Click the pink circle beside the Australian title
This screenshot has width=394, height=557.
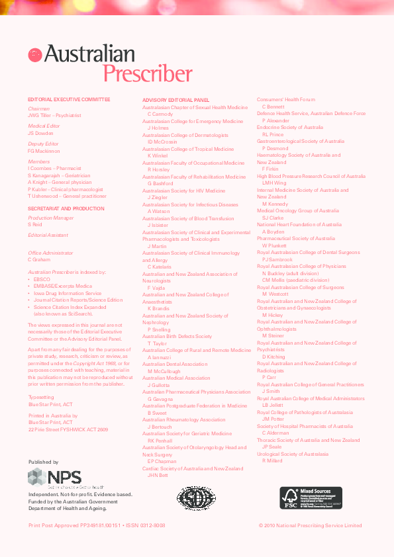coord(35,56)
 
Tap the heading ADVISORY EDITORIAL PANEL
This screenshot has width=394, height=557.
coord(175,100)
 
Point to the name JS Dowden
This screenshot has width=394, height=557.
coord(40,133)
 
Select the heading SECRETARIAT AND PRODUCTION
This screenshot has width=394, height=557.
coord(66,208)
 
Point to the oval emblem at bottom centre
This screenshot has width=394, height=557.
coord(197,498)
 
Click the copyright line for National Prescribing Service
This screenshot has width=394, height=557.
coord(310,525)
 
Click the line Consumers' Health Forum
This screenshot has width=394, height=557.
coord(286,99)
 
